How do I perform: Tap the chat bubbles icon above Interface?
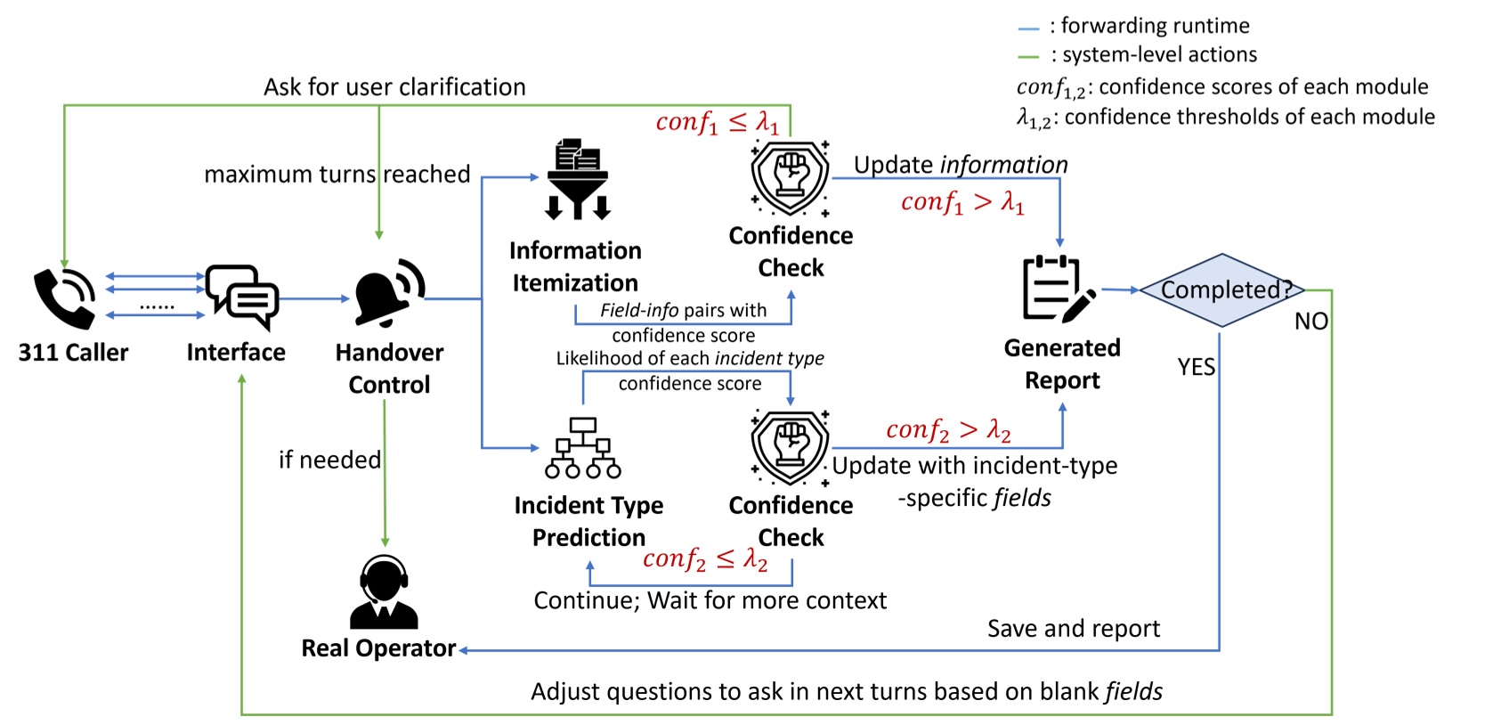click(241, 296)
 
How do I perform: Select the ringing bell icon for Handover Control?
click(389, 292)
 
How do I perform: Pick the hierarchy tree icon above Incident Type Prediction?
click(582, 448)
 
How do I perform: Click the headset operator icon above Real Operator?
click(384, 591)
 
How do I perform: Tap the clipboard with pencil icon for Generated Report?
click(1057, 289)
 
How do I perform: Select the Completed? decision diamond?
click(1222, 290)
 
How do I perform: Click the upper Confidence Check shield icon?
click(790, 177)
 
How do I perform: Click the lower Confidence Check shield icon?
click(790, 447)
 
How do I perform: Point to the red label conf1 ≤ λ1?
click(717, 122)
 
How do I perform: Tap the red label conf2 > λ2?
click(948, 431)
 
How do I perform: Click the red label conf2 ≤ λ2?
click(704, 559)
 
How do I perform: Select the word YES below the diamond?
click(1196, 367)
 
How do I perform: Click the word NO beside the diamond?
click(1311, 322)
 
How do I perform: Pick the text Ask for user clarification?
click(394, 87)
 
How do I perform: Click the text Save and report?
click(1073, 629)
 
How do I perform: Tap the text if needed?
click(329, 460)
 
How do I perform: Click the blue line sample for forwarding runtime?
click(1028, 29)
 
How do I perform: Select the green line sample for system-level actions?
click(1028, 57)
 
